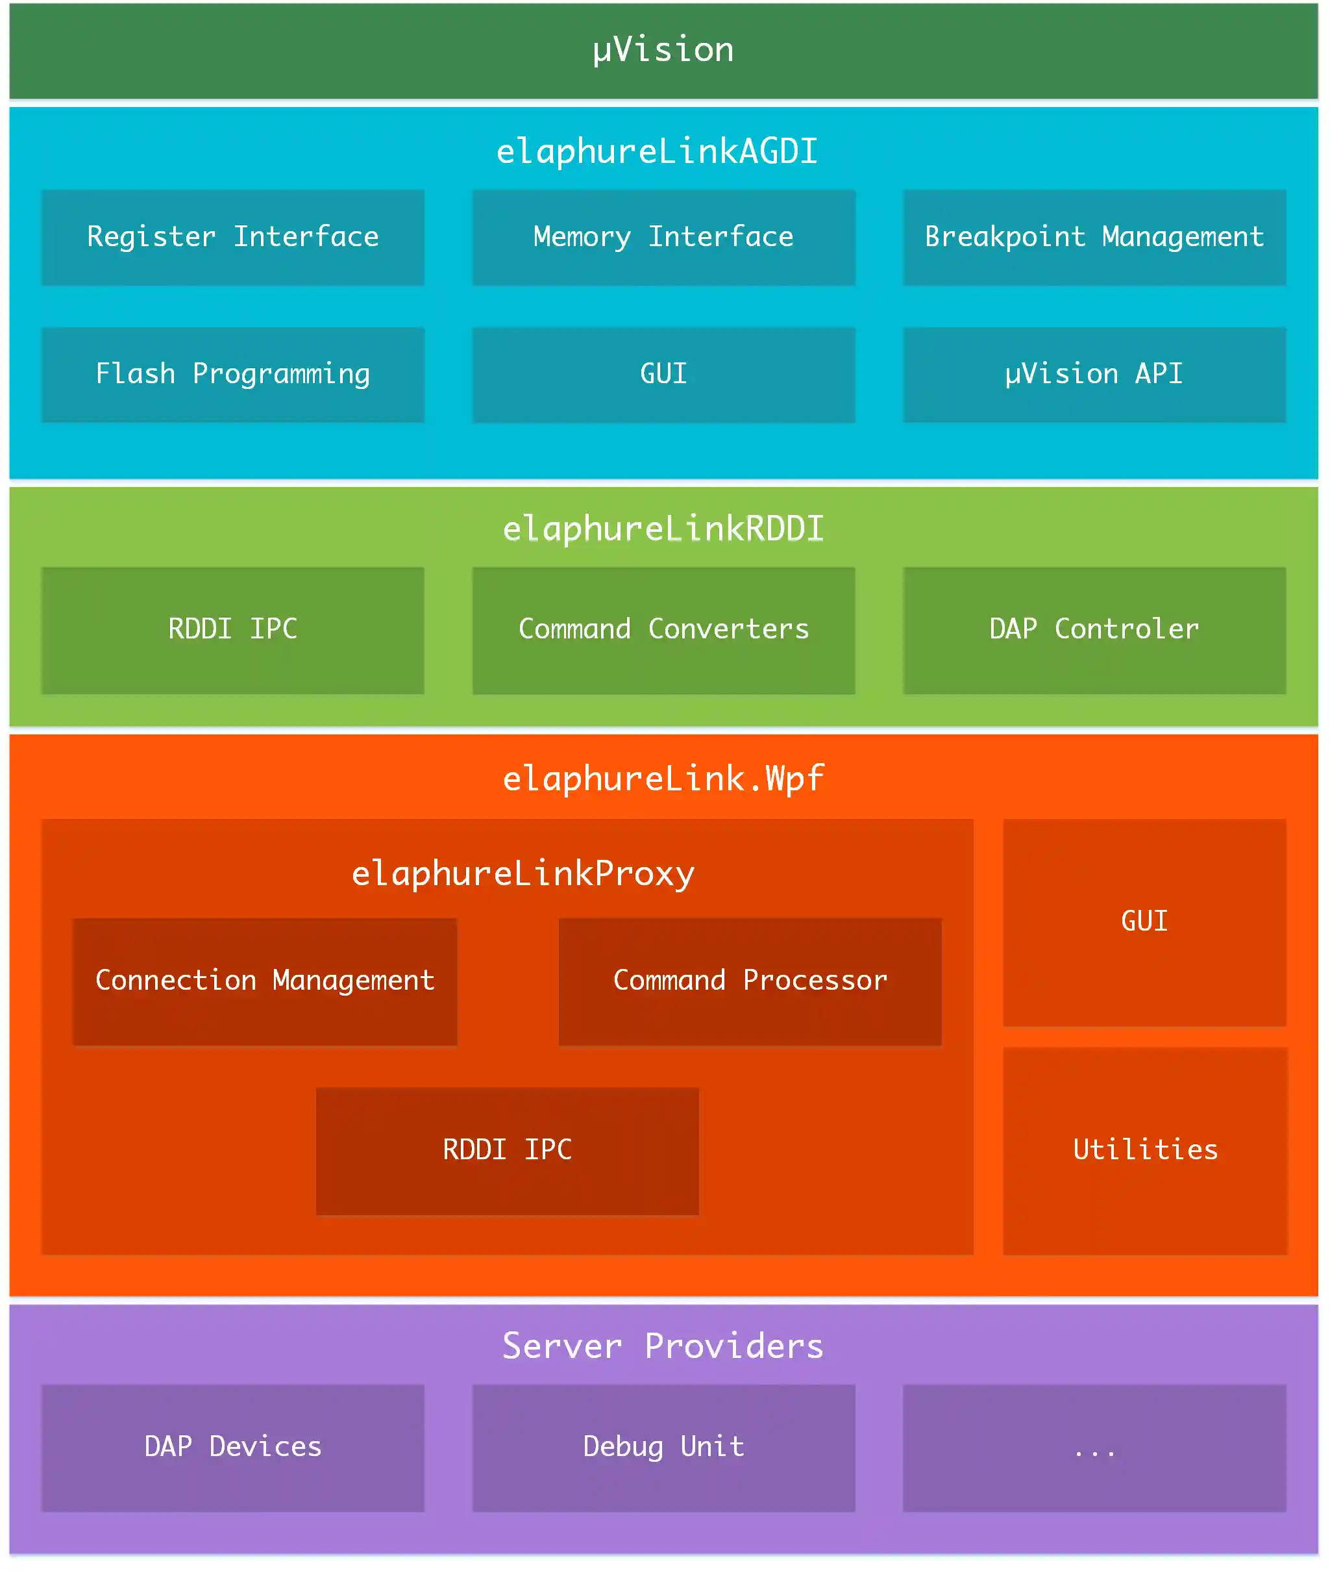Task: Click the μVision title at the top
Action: point(663,50)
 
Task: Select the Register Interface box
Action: point(232,237)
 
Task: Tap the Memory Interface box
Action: point(663,237)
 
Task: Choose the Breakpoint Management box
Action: point(1094,237)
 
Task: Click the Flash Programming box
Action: point(232,374)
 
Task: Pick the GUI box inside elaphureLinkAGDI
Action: point(663,374)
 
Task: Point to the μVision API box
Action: point(1094,374)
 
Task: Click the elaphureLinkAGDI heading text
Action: point(657,151)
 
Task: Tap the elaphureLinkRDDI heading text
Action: point(663,529)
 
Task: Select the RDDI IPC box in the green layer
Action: point(232,630)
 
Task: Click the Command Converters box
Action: point(663,630)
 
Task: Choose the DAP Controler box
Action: point(1094,630)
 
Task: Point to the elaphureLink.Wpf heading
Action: point(663,778)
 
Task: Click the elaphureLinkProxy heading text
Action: point(523,873)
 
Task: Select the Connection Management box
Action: point(265,981)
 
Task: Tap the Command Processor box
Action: point(750,981)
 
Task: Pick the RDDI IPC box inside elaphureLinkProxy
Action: point(507,1150)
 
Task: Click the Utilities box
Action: point(1144,1150)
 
